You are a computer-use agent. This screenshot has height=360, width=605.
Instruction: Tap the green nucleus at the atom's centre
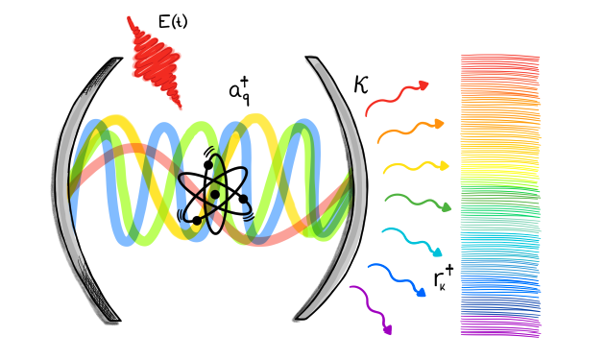tap(215, 195)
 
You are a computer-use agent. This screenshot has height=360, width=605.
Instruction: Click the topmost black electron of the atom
tap(208, 165)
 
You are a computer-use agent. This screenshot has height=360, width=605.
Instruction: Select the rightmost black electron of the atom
tap(244, 200)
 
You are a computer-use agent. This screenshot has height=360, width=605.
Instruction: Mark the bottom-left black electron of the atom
tap(197, 221)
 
